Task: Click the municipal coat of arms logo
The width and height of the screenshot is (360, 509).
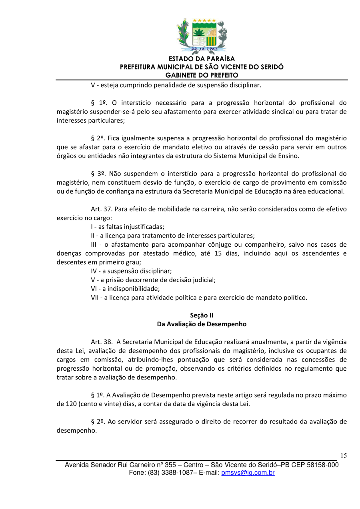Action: (202, 36)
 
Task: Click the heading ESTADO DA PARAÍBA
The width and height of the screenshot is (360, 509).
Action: (202, 59)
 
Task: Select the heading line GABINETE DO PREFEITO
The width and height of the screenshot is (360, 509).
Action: (202, 75)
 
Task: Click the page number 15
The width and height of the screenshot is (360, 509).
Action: (344, 456)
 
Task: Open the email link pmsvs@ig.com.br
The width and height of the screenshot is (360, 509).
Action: (248, 473)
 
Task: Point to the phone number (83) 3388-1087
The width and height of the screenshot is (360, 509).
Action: (168, 473)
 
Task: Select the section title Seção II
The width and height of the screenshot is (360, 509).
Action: (202, 315)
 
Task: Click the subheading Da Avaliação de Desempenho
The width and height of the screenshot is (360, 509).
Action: (202, 324)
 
